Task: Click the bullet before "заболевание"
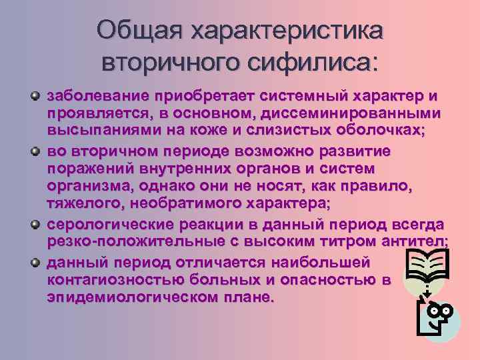tap(36, 96)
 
